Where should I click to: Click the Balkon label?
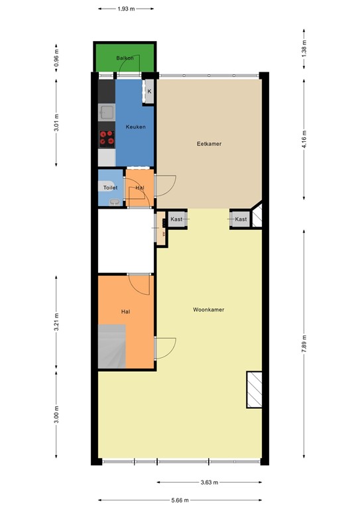(125, 58)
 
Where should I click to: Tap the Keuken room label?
(136, 127)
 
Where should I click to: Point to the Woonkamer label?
(208, 310)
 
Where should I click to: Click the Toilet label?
(110, 188)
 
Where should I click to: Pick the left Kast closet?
(176, 219)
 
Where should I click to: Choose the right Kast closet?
(241, 219)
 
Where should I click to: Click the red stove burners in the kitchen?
(107, 138)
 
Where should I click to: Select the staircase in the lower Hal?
(111, 346)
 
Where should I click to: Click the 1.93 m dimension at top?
(126, 9)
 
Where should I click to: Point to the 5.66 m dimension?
(180, 500)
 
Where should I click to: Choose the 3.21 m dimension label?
(56, 321)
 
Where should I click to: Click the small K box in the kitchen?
(149, 91)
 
